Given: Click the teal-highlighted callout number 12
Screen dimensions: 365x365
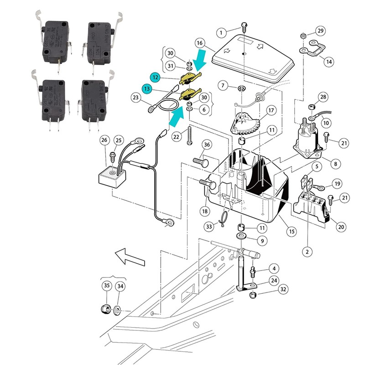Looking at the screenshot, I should click(156, 78).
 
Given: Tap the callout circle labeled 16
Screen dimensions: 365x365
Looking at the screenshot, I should click(199, 43).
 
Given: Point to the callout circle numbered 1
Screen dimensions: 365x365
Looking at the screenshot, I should click(221, 32).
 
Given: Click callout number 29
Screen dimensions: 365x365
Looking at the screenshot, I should click(321, 31).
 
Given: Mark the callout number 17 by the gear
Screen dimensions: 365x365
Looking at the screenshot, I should click(271, 110).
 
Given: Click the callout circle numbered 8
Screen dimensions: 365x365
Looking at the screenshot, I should click(335, 163).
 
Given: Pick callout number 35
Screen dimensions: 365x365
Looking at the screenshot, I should click(107, 286).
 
